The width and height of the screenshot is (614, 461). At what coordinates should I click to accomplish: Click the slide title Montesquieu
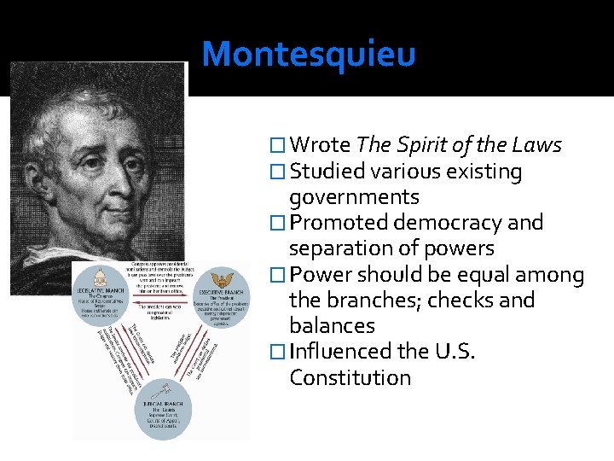tap(309, 54)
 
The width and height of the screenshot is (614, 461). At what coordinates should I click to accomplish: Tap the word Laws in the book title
tap(536, 145)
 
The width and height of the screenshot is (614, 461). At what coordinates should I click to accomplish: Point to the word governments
tap(354, 197)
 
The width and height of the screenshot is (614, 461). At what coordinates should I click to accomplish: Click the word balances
tap(332, 326)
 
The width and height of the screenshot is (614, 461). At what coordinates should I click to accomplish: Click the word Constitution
tap(350, 377)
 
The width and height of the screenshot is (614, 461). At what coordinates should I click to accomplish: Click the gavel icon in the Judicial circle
tap(163, 394)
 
